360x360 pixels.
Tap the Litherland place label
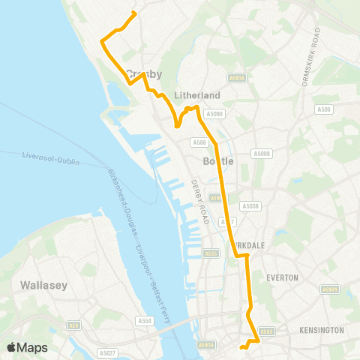(x=196, y=95)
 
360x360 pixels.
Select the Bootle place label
(x=219, y=161)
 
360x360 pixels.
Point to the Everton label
(x=282, y=277)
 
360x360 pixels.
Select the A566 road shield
(x=199, y=142)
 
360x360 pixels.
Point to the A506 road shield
(x=324, y=109)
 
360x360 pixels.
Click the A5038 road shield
(x=250, y=206)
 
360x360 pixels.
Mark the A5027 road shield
(x=107, y=352)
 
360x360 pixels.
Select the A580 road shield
(x=265, y=331)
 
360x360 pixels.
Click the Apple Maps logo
(x=26, y=347)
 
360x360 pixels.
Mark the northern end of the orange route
(x=134, y=13)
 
